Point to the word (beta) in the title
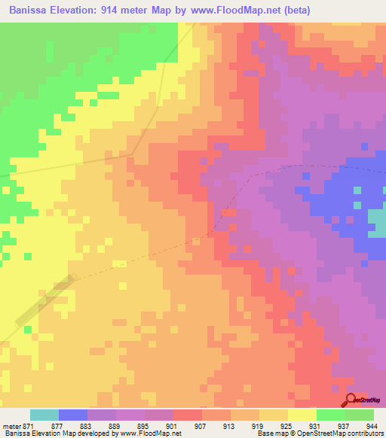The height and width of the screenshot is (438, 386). (295, 9)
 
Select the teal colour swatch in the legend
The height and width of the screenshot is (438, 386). (44, 414)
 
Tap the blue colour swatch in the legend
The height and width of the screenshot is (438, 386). (73, 414)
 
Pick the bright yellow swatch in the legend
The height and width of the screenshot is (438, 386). (302, 414)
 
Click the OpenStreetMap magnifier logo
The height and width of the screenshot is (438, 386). (351, 400)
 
